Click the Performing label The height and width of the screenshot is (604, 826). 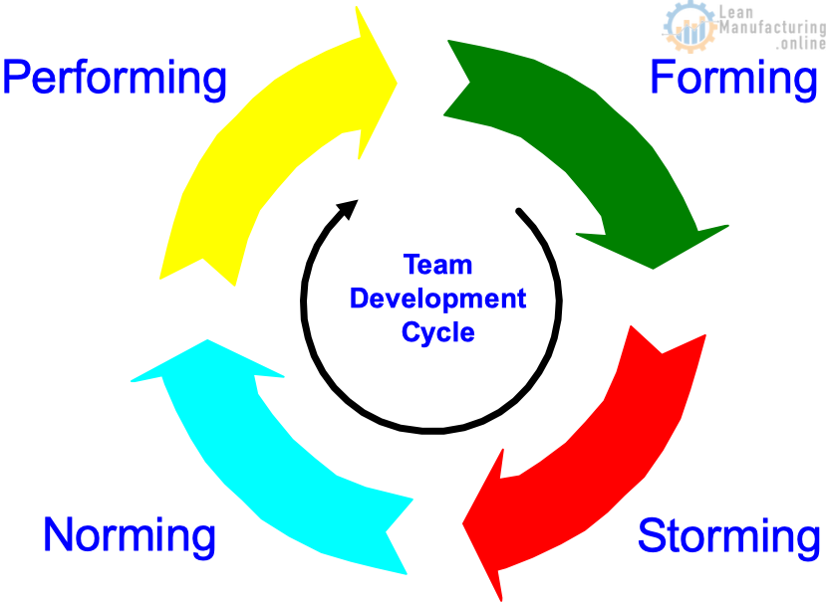tap(115, 79)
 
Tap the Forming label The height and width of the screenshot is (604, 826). tap(733, 79)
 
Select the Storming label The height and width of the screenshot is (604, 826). tap(728, 537)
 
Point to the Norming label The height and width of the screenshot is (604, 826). tap(130, 536)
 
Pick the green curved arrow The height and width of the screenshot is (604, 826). tap(601, 136)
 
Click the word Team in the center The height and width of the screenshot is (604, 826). tap(437, 265)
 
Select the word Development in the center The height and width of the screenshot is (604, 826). tap(437, 299)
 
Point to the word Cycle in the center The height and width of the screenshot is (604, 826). tap(438, 332)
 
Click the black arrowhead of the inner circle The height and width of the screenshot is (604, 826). tap(349, 208)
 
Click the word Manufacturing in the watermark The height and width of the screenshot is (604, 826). tap(772, 27)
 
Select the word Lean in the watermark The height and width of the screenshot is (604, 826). tap(736, 11)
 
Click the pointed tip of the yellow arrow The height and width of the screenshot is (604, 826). tap(397, 83)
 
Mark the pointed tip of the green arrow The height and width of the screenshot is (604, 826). tap(654, 269)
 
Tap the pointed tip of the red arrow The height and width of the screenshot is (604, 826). tap(462, 523)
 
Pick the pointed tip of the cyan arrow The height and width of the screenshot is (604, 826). tap(207, 340)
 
